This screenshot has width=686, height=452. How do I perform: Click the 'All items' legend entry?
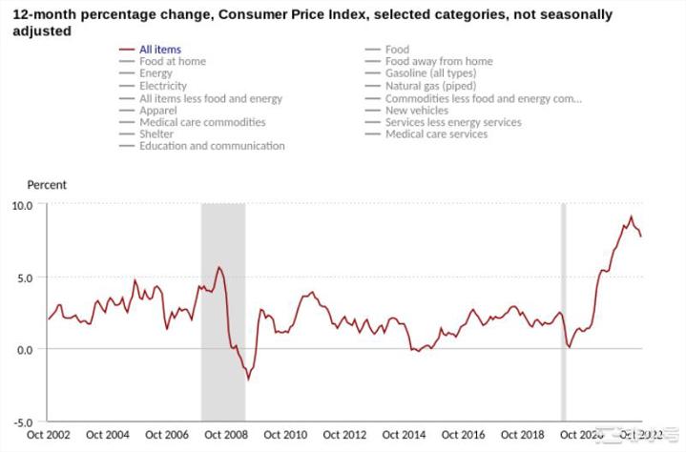click(159, 49)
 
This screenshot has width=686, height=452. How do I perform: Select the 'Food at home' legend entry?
click(172, 61)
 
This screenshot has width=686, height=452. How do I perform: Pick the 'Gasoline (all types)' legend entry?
click(429, 73)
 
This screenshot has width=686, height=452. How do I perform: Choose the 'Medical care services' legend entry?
click(436, 134)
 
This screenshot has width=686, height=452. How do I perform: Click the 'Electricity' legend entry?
click(162, 86)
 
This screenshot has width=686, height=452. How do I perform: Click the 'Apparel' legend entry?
click(157, 110)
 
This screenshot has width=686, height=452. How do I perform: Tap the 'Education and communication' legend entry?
click(212, 146)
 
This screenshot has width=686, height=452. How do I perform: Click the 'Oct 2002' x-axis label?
click(49, 436)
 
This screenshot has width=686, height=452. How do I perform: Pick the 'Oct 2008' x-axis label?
click(225, 436)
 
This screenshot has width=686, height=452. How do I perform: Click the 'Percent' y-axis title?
click(47, 185)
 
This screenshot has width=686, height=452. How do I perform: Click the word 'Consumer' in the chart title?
click(239, 15)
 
